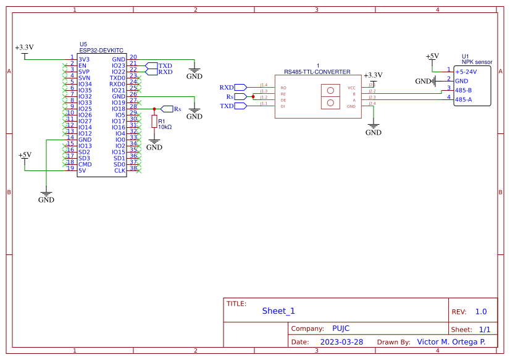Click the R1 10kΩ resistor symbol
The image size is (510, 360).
[154, 122]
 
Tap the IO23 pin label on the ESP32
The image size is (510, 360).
[118, 65]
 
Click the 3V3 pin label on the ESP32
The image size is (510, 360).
[84, 59]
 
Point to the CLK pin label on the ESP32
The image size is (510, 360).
[120, 170]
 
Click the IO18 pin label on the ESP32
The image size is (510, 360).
[118, 109]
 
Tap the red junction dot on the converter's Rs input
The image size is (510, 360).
[253, 97]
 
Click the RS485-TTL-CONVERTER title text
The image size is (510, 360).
[317, 72]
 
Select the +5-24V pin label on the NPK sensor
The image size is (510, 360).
[466, 72]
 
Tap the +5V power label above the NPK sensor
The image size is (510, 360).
[433, 56]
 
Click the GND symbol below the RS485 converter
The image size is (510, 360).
[373, 128]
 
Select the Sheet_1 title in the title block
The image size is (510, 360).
[278, 311]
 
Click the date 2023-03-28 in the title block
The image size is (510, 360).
[341, 341]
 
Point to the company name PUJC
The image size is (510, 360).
[341, 329]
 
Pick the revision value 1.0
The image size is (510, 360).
[481, 312]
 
